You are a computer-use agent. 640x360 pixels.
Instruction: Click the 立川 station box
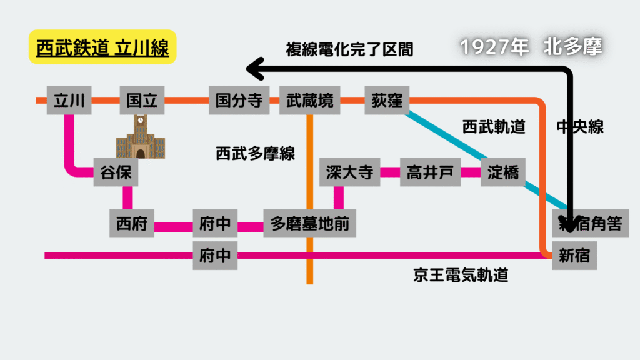(69, 100)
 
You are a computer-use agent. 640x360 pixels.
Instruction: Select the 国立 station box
(142, 100)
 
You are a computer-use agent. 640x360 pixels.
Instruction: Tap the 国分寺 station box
(239, 100)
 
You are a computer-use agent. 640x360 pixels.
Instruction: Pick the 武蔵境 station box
(310, 100)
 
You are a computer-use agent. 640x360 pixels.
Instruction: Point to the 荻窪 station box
(387, 100)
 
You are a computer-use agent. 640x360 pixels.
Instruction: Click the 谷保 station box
(116, 172)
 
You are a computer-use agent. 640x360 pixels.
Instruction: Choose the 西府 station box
(132, 223)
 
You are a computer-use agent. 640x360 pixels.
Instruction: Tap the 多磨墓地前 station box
(310, 223)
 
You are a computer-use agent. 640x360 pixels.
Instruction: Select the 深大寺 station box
(350, 172)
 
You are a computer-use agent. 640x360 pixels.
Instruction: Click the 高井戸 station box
(430, 172)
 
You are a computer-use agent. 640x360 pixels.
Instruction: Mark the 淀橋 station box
(503, 172)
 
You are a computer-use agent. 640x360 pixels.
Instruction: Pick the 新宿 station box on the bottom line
(575, 256)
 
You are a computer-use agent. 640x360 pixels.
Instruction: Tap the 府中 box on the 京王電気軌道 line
(215, 256)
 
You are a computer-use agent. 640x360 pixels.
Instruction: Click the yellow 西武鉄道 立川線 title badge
(102, 47)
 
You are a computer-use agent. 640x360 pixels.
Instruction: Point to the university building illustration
(141, 136)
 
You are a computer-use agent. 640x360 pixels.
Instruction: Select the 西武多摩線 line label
(256, 154)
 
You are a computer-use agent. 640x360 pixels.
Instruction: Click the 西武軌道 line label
(494, 127)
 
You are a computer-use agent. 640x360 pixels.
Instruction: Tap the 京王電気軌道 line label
(461, 275)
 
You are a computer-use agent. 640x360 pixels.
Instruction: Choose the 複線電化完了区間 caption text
(350, 49)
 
